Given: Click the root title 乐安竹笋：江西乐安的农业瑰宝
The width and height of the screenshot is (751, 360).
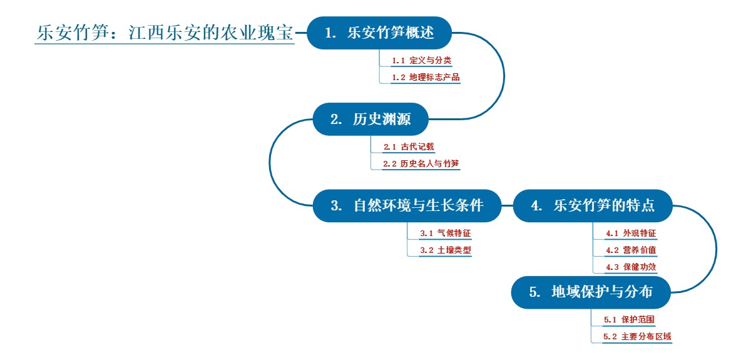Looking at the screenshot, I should (x=165, y=33).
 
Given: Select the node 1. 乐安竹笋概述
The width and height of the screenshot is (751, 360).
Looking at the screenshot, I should (x=379, y=33).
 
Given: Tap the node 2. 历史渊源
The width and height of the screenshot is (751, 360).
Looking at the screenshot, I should (x=370, y=119).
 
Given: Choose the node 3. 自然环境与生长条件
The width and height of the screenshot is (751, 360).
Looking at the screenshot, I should (x=407, y=205).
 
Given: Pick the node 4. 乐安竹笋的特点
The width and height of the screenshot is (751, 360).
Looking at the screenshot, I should (x=593, y=205).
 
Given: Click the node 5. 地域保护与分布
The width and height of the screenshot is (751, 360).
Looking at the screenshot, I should (x=591, y=292).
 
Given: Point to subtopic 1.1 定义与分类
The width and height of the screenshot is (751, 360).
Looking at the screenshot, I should (x=421, y=61).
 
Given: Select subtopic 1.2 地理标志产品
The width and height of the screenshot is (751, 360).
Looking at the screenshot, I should (x=426, y=78).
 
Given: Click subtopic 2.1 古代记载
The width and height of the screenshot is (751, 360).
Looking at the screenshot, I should (x=409, y=147).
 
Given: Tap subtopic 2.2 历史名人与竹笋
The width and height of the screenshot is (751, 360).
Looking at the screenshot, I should (x=421, y=164).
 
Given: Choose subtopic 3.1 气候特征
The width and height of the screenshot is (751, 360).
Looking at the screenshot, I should (x=445, y=234).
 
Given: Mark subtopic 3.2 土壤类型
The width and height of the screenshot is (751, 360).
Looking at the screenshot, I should (x=445, y=250).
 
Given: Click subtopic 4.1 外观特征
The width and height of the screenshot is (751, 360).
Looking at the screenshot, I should (x=631, y=234).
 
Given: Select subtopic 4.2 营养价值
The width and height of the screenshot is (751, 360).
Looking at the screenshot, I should (x=631, y=250).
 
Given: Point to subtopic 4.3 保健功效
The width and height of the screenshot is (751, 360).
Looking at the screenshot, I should (x=631, y=267).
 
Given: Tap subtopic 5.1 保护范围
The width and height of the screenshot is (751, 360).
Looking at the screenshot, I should (x=629, y=320).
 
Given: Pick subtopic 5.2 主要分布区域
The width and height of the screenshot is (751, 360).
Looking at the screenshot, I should (x=637, y=337).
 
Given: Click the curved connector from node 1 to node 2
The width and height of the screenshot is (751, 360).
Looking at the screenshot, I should (x=504, y=76).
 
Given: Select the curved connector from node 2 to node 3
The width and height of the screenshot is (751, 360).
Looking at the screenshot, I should (x=270, y=162).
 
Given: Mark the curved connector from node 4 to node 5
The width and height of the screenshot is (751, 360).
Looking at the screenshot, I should (x=716, y=249).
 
